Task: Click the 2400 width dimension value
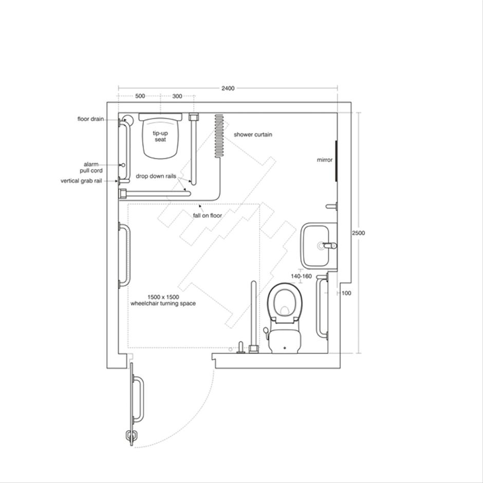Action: click(x=228, y=88)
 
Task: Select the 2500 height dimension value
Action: click(x=359, y=233)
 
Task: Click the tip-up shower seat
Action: click(x=161, y=136)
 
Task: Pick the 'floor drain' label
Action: click(x=91, y=119)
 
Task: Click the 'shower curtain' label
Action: click(x=253, y=135)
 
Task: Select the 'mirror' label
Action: click(x=325, y=160)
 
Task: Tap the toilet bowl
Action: click(x=285, y=303)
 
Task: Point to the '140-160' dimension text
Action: click(x=301, y=276)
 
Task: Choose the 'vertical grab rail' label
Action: click(x=81, y=181)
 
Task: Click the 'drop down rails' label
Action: click(x=156, y=176)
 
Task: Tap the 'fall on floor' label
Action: click(x=208, y=215)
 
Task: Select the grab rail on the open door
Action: click(x=138, y=399)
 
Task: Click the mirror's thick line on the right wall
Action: click(x=336, y=160)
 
